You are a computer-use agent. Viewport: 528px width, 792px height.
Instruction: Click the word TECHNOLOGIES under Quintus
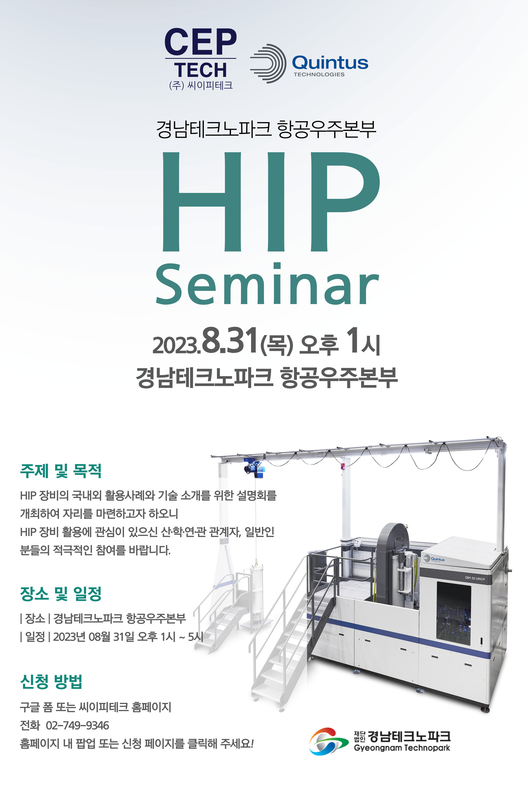(319, 75)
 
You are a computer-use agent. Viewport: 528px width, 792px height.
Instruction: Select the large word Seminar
(268, 284)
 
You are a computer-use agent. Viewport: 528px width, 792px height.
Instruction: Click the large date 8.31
(230, 340)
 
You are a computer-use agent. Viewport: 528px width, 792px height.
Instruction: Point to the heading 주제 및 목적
(61, 471)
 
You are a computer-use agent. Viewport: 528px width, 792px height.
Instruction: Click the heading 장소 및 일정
(61, 594)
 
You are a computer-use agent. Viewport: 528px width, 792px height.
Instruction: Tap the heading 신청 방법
(51, 682)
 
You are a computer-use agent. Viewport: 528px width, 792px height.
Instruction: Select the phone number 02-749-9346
(78, 725)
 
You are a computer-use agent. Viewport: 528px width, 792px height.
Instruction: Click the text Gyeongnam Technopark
(402, 748)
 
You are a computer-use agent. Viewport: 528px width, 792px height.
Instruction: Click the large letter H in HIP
(202, 201)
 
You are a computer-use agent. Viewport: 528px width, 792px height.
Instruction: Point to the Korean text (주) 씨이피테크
(201, 85)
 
